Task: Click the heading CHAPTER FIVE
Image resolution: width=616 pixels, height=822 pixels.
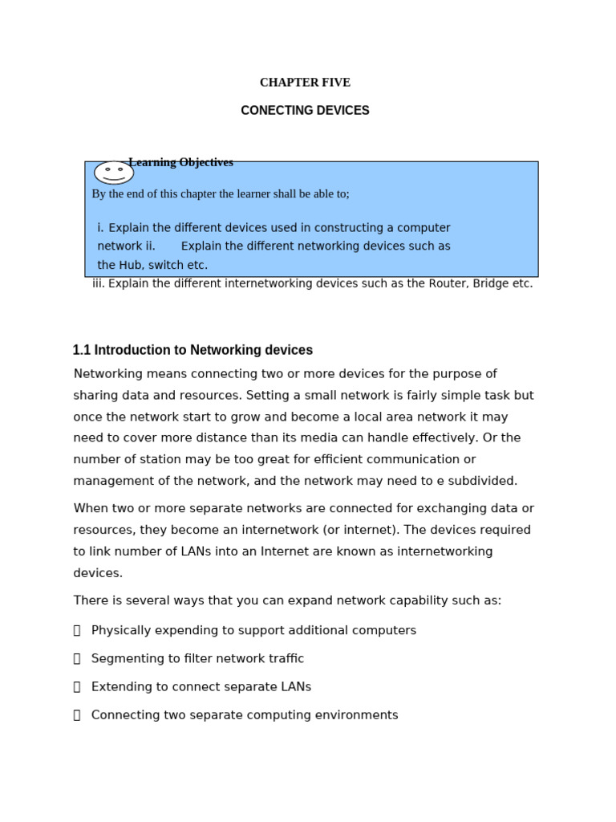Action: [x=305, y=83]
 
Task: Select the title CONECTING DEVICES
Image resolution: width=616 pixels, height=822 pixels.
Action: [x=305, y=111]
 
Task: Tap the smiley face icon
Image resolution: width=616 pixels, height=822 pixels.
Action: [x=114, y=173]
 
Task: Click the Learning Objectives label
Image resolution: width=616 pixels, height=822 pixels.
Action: [x=180, y=162]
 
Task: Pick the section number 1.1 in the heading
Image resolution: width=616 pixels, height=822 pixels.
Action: [x=81, y=350]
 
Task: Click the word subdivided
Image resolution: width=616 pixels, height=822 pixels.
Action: [x=486, y=481]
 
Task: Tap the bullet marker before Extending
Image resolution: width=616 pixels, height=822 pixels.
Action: [x=77, y=687]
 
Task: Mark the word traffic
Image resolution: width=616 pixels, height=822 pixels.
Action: [x=287, y=658]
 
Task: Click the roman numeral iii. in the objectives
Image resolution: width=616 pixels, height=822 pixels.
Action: [x=99, y=283]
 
